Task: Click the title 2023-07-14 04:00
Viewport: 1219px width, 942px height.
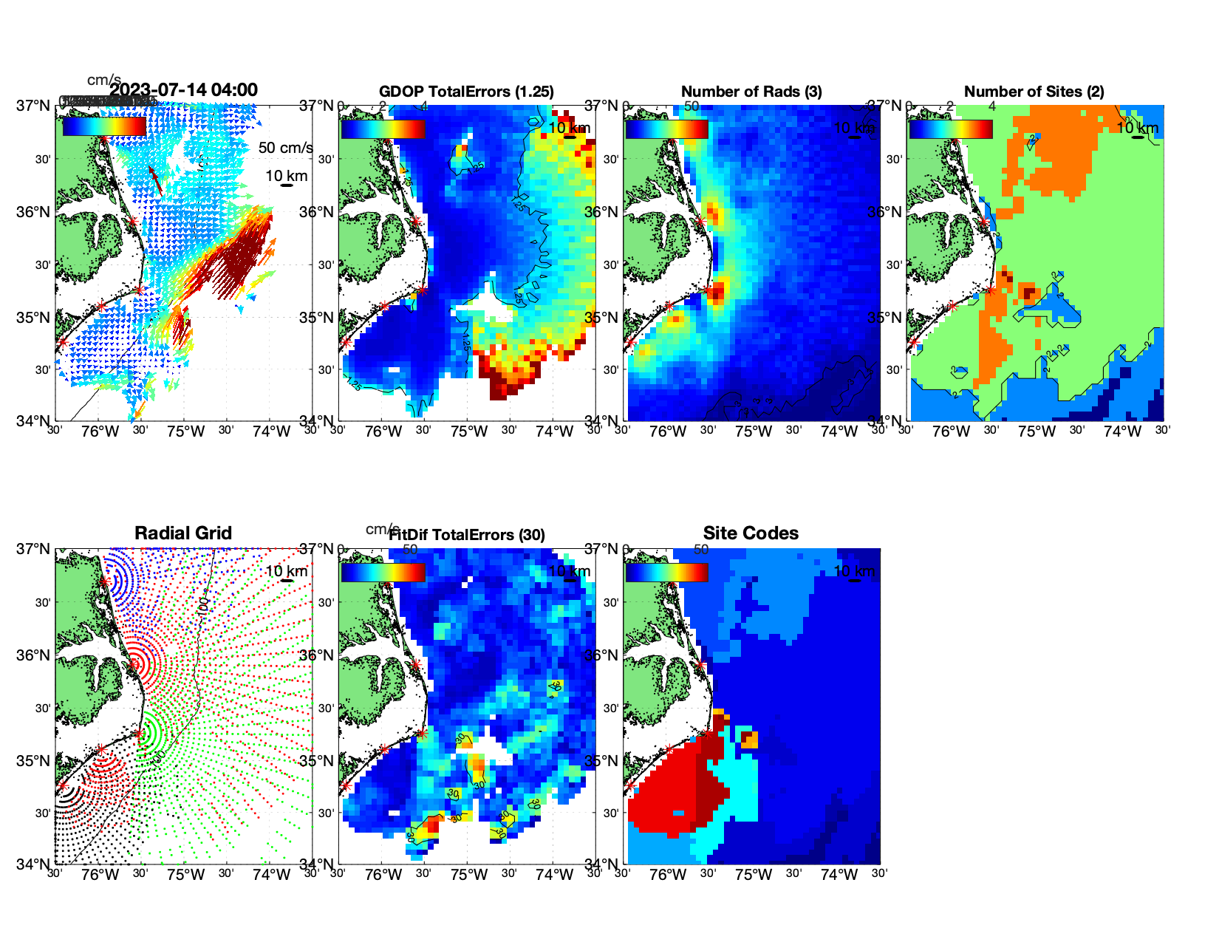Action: click(x=183, y=90)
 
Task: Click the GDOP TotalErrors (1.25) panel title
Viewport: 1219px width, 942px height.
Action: click(x=466, y=92)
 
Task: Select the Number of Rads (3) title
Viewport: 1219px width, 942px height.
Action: click(x=751, y=92)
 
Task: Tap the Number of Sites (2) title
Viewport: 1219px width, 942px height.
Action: click(x=1034, y=92)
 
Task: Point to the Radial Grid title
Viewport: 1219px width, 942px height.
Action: click(x=183, y=533)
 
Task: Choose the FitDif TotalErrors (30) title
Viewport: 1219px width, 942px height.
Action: click(x=467, y=535)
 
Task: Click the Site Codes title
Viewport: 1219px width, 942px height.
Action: click(x=751, y=533)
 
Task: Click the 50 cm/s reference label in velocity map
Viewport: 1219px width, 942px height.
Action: click(x=285, y=148)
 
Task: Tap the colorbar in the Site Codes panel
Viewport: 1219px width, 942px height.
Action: click(x=666, y=573)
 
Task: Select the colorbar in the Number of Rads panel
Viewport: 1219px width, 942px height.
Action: click(x=666, y=129)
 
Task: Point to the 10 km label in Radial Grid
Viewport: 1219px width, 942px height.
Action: click(x=286, y=571)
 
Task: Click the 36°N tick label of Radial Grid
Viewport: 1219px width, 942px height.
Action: click(x=34, y=655)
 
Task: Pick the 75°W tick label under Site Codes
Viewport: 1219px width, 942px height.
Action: click(x=753, y=876)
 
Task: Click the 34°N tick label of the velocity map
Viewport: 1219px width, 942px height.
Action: click(x=34, y=421)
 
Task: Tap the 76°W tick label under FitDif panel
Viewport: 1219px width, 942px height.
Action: click(x=383, y=876)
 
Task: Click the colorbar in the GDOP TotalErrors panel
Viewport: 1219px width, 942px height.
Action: click(x=383, y=129)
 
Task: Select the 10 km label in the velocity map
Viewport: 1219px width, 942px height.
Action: click(x=286, y=176)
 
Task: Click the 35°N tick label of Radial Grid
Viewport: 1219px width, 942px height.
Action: click(x=34, y=761)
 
